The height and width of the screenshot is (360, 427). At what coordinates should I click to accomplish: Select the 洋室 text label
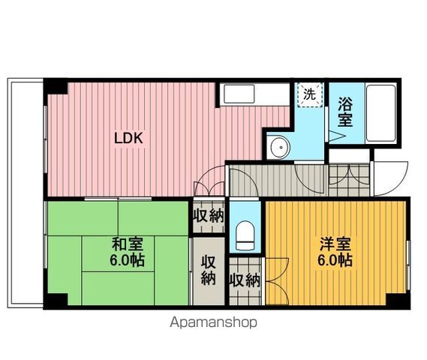[x=334, y=244]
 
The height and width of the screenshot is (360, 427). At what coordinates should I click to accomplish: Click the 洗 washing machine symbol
[x=309, y=94]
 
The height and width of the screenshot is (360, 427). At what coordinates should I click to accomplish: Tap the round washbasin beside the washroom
[x=280, y=147]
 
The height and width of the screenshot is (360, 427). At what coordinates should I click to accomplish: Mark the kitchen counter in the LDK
[x=254, y=94]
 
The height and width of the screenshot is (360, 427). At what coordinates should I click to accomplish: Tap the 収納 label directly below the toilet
[x=244, y=281]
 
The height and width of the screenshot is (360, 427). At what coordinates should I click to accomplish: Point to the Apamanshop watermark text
[x=214, y=322]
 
